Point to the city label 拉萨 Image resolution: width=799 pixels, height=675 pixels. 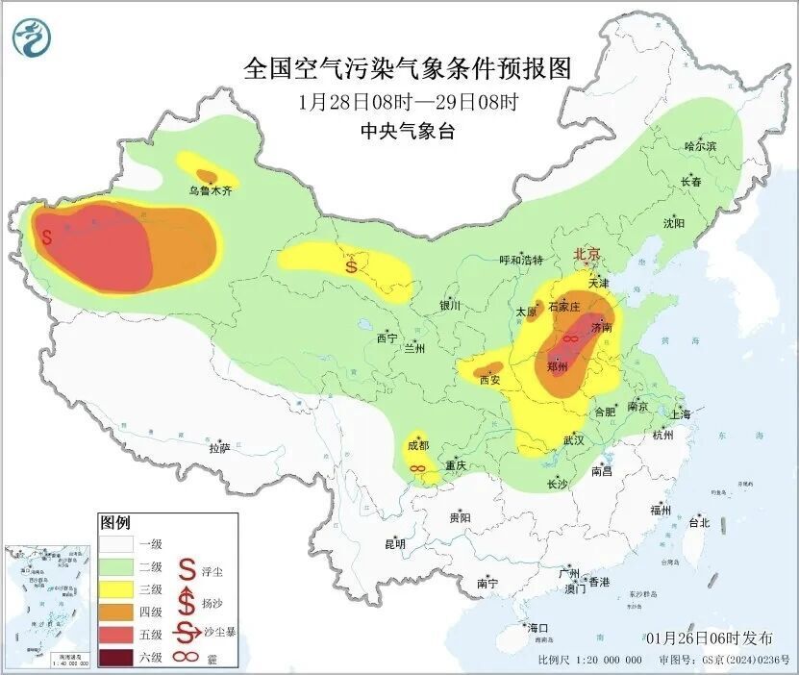click(219, 447)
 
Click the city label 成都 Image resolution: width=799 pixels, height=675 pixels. click(417, 445)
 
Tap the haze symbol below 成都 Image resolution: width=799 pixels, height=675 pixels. click(418, 467)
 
